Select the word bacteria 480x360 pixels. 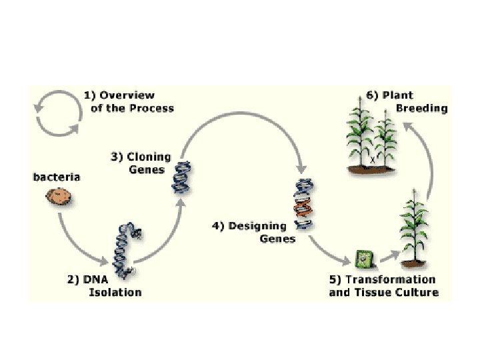click(57, 177)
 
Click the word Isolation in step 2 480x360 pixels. click(115, 292)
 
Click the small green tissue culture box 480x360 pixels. click(364, 257)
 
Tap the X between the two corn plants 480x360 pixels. click(372, 159)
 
